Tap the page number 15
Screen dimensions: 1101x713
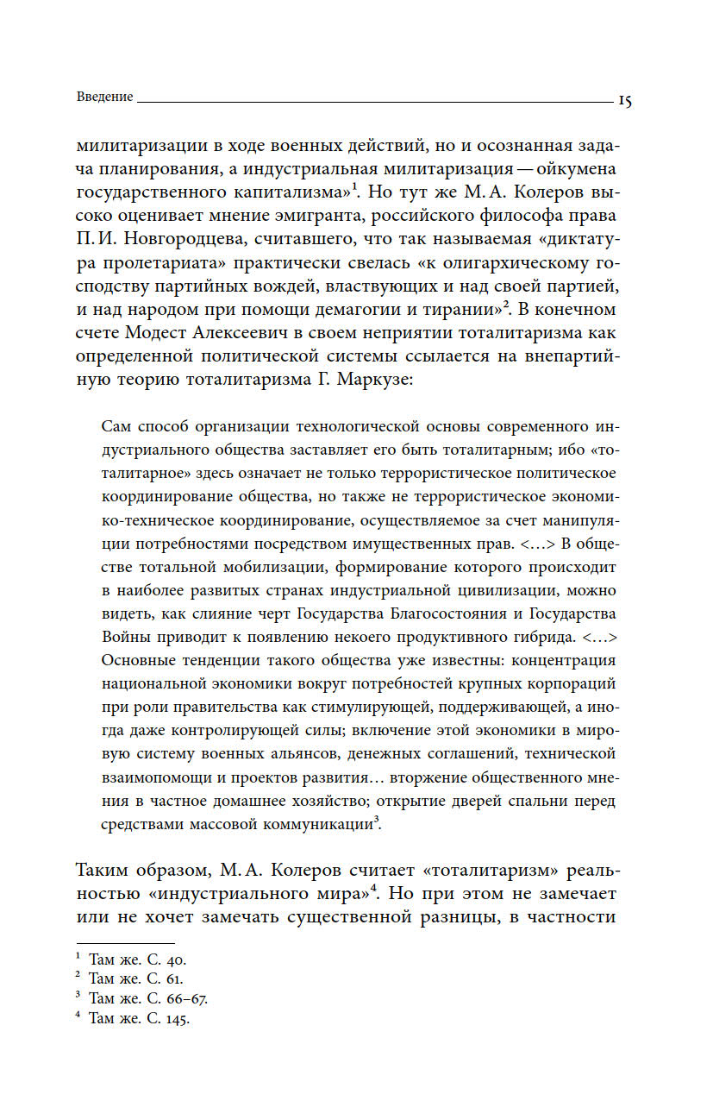625,100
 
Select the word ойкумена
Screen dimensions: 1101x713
573,169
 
